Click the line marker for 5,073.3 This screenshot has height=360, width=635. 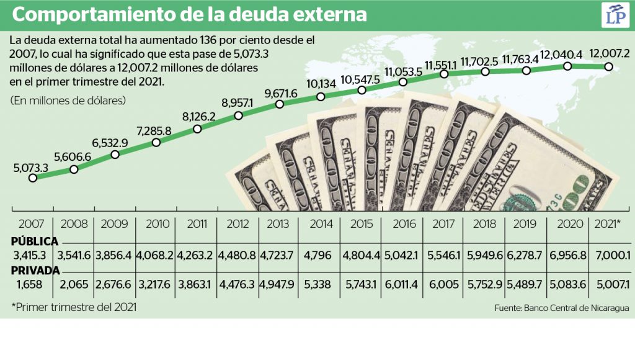[33, 178]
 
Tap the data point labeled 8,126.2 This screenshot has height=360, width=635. [197, 129]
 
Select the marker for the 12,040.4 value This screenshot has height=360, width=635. [567, 66]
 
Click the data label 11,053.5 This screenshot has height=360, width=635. [403, 71]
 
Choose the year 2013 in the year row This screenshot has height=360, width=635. [278, 223]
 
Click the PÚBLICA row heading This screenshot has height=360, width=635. [35, 241]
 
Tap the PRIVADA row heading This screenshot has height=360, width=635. [35, 271]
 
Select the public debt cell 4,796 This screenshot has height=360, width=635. [319, 254]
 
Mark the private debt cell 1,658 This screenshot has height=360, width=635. [31, 284]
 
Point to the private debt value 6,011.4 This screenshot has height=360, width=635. [402, 284]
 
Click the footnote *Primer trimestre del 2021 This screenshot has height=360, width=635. [74, 307]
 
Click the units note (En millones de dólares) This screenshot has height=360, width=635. [68, 100]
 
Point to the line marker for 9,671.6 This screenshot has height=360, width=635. [280, 105]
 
